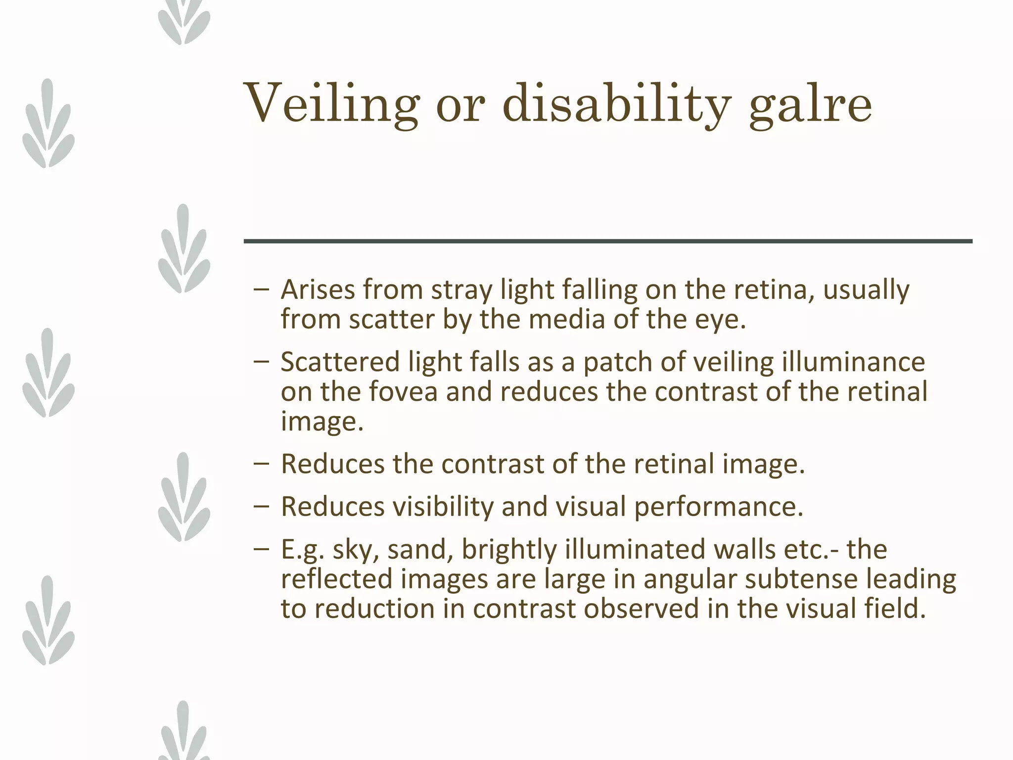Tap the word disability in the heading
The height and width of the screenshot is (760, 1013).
click(x=616, y=104)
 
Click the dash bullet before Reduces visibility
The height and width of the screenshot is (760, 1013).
click(x=261, y=506)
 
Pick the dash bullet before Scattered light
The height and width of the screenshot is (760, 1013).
click(x=261, y=361)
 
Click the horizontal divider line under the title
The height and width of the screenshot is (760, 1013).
click(x=607, y=241)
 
